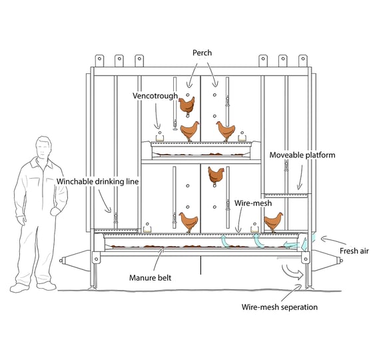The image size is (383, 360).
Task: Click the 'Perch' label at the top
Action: [202, 53]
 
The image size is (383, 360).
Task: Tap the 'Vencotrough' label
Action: [155, 96]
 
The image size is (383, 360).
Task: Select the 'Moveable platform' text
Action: [302, 155]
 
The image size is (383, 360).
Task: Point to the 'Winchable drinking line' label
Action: [98, 181]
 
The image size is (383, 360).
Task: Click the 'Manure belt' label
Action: [151, 277]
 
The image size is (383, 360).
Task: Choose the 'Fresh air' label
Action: [354, 251]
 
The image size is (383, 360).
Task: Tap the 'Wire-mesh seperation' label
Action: [280, 307]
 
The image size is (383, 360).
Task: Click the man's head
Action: [43, 147]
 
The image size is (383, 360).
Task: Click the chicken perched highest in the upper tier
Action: [187, 106]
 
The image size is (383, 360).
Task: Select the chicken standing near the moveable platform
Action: [274, 222]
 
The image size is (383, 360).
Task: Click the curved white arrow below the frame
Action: [293, 272]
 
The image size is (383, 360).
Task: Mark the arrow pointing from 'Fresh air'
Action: [333, 241]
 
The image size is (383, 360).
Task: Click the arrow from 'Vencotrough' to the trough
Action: [157, 116]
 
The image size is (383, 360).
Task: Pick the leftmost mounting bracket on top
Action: [99, 61]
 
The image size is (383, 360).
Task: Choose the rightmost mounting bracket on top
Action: [303, 61]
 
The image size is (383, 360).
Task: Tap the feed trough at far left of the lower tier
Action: [147, 229]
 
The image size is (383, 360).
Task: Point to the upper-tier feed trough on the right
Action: [242, 138]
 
